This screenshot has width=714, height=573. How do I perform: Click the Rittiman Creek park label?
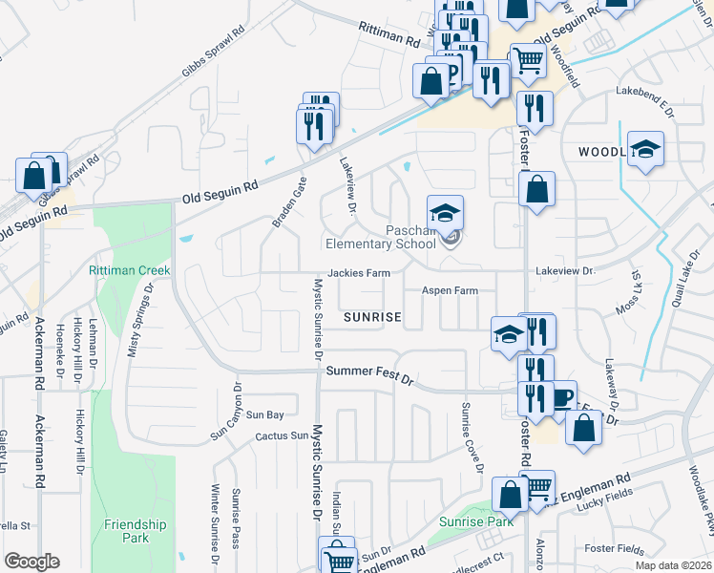(x=130, y=270)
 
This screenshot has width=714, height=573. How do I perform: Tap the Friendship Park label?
(x=136, y=531)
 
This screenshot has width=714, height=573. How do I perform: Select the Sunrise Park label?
(x=476, y=521)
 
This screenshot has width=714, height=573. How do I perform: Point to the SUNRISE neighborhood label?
(x=371, y=316)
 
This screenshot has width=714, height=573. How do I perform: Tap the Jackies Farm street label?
(x=359, y=273)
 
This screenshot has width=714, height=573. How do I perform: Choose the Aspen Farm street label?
(x=451, y=290)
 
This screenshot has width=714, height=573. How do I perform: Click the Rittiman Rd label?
(x=389, y=36)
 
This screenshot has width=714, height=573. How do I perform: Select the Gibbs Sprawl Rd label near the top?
(x=212, y=59)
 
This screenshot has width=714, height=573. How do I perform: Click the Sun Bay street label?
(x=265, y=415)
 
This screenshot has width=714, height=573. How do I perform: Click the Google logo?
(x=31, y=562)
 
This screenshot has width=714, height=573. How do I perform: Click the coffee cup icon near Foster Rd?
(x=561, y=397)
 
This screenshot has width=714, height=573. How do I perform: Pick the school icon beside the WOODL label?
(x=646, y=150)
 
